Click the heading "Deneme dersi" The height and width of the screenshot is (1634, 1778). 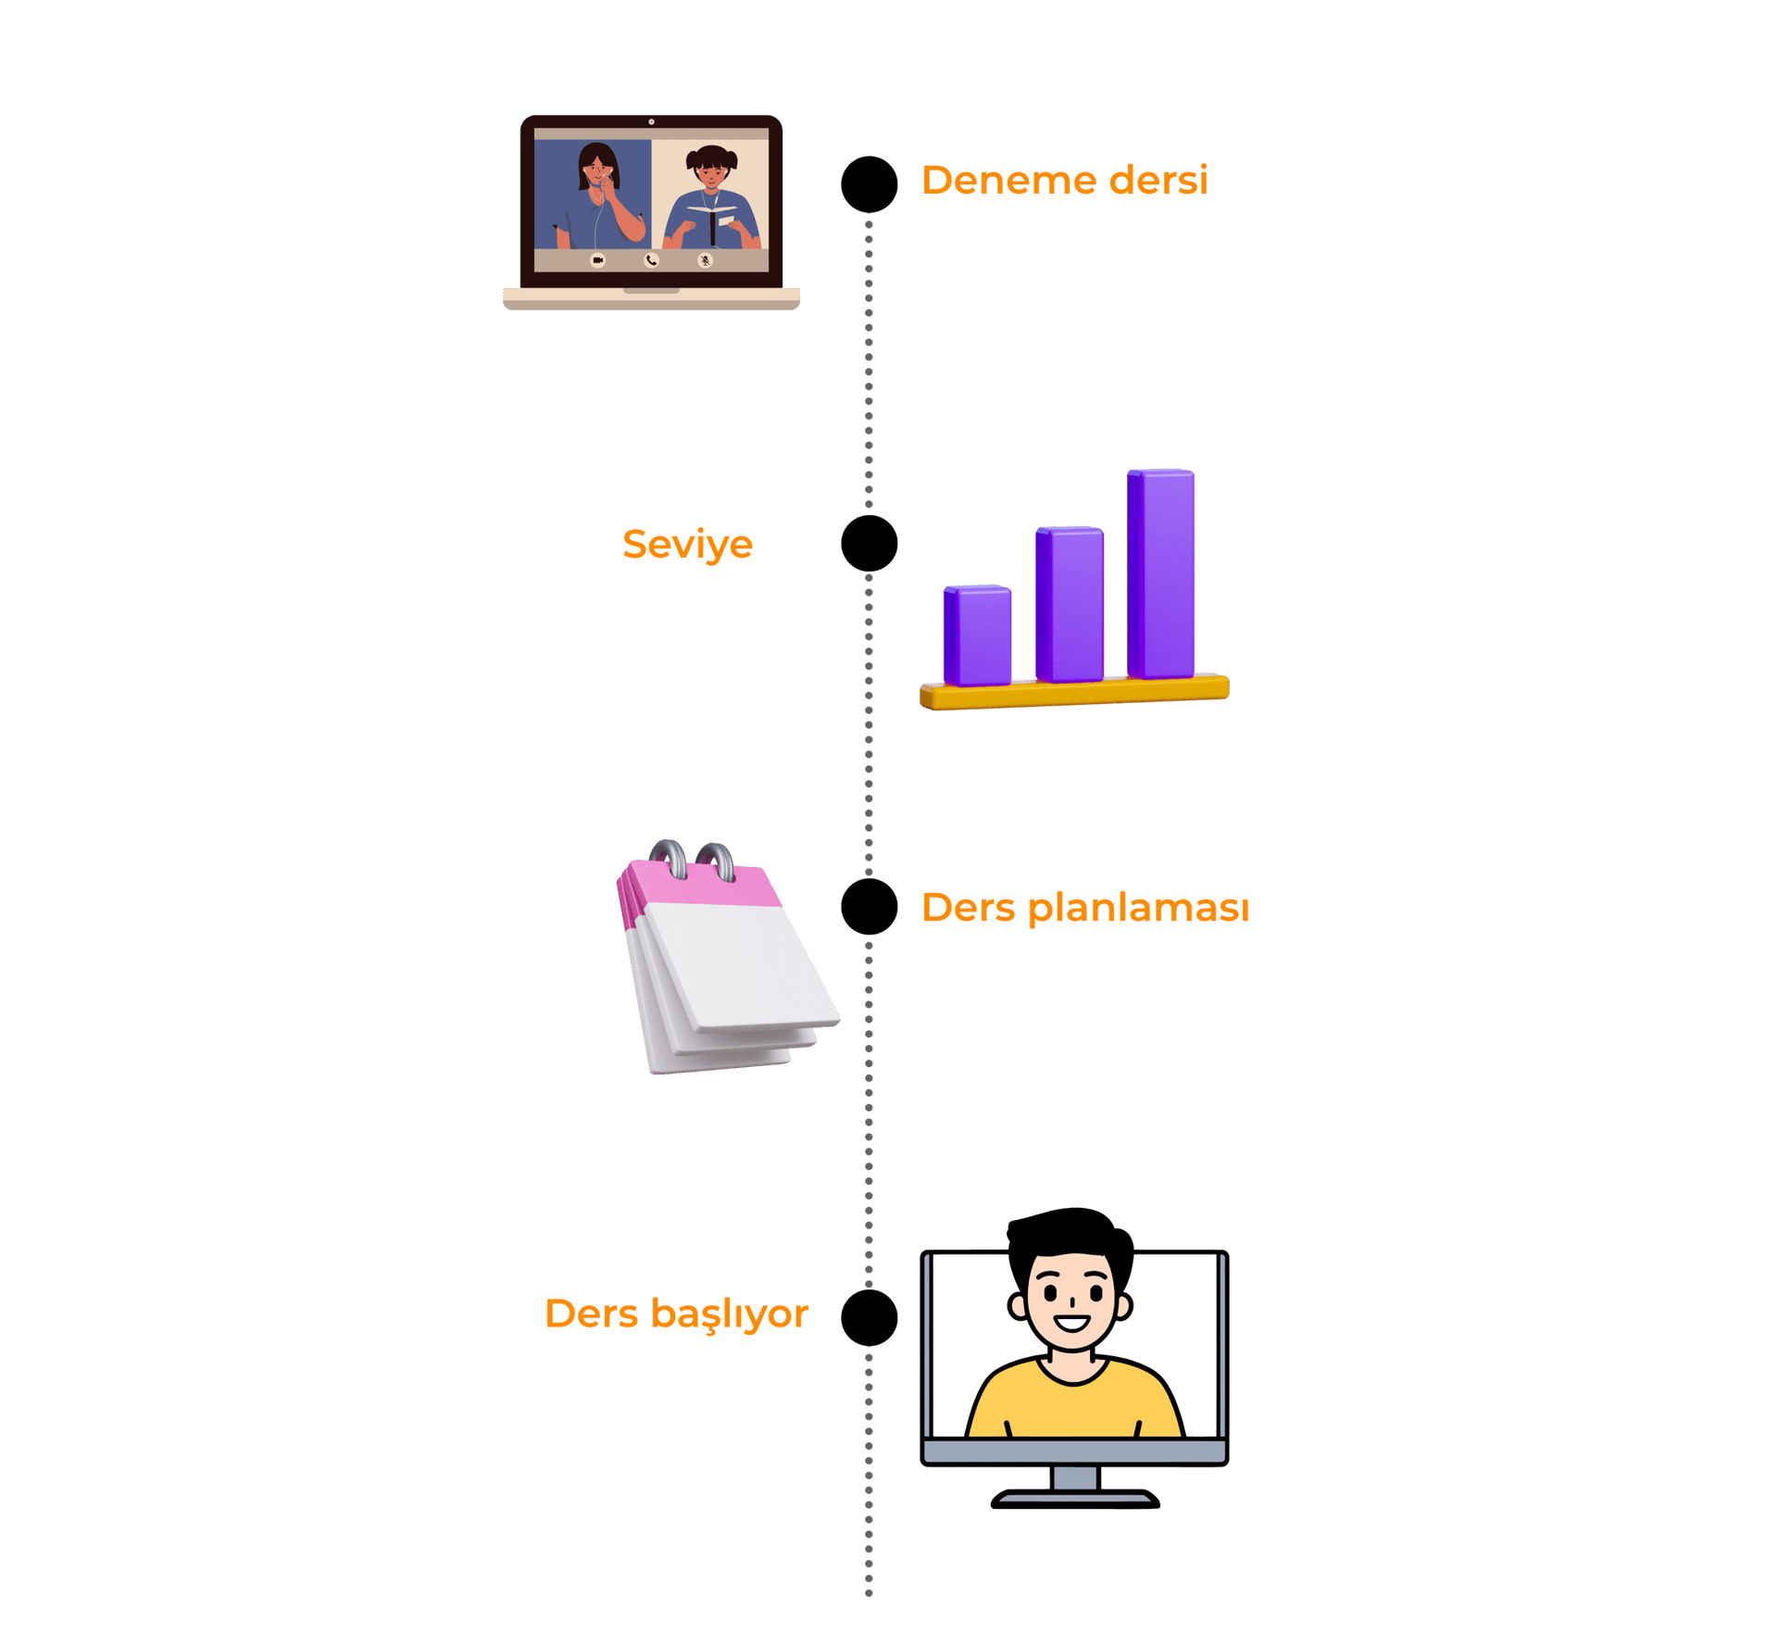coord(1064,181)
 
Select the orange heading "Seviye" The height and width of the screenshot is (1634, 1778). coord(687,545)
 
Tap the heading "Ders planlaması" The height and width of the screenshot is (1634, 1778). coord(1084,908)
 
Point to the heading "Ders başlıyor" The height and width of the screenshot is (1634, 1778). coord(676,1314)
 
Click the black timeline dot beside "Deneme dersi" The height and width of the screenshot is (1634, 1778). coord(869,184)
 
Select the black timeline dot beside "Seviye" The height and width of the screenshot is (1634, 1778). coord(869,544)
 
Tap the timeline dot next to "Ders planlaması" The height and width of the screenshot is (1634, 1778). coord(869,907)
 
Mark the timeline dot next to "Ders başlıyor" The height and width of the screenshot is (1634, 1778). coord(869,1317)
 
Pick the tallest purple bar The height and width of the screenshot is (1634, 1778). coord(1161,574)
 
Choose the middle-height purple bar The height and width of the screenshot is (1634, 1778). coord(1070,604)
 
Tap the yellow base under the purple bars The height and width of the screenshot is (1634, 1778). coord(1074,693)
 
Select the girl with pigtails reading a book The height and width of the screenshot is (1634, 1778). coord(711,199)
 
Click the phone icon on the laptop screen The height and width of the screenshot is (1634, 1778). coord(651,260)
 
